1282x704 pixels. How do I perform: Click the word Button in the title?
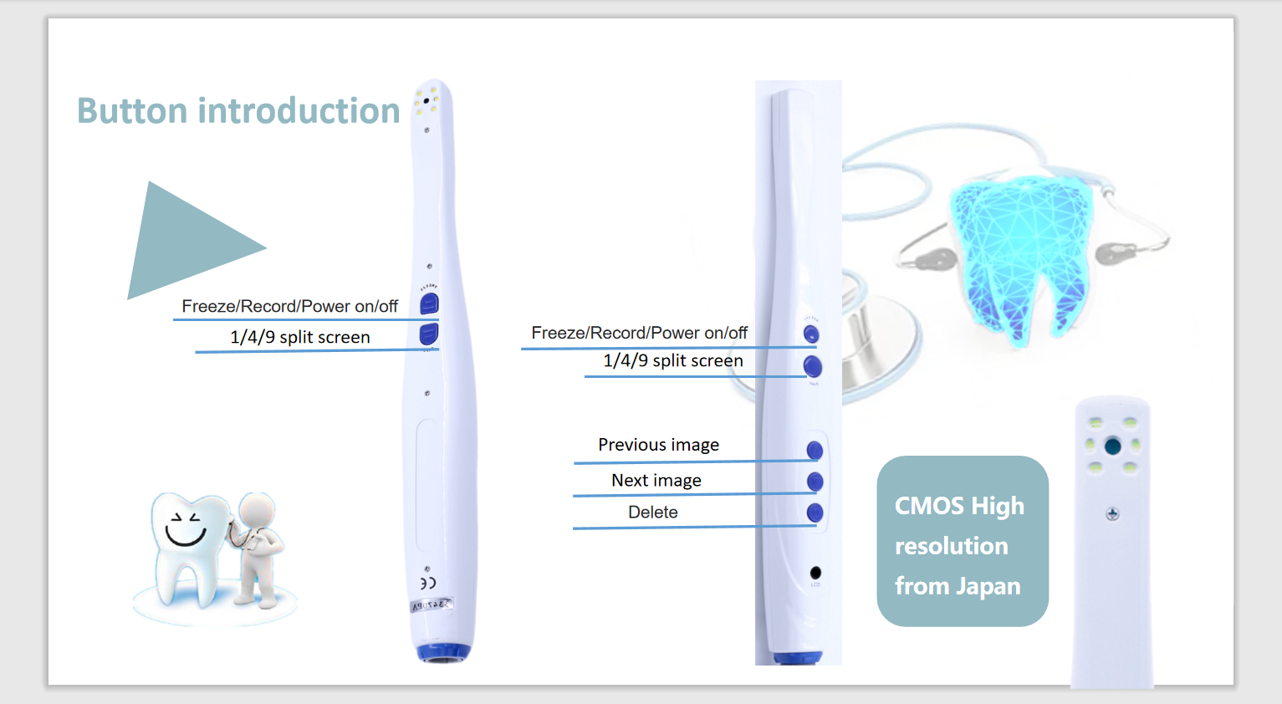132,110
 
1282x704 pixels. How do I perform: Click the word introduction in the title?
299,110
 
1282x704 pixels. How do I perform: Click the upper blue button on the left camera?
429,304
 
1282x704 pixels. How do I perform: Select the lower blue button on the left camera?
429,334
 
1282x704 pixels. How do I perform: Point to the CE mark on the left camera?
428,584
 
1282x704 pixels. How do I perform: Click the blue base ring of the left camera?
443,652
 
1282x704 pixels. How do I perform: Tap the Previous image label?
658,445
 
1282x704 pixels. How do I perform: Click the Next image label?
656,480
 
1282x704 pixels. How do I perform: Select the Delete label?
652,512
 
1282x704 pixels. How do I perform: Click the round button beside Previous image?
815,451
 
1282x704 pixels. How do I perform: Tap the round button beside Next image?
815,482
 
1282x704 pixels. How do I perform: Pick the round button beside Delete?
815,513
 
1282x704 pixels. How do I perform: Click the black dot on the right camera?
815,573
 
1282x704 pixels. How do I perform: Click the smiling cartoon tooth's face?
184,529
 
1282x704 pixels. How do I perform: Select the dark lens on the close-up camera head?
1112,446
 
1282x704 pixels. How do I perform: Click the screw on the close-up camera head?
1112,514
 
